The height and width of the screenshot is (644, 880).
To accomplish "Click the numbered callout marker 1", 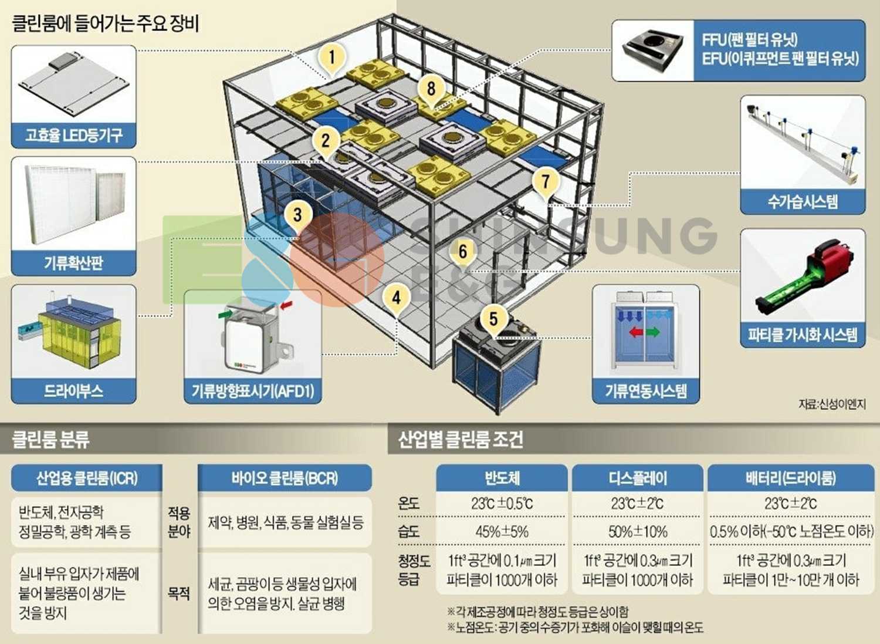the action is (x=332, y=58).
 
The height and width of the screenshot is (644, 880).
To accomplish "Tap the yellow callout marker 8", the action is (x=431, y=89).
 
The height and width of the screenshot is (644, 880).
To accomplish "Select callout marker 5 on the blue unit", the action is (x=493, y=319).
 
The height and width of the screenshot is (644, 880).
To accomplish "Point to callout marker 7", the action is (x=546, y=180).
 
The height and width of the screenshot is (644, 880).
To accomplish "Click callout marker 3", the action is (x=297, y=215).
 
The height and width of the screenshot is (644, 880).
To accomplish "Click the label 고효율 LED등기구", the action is (x=74, y=136).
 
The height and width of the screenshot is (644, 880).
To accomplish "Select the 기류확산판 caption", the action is (x=74, y=262).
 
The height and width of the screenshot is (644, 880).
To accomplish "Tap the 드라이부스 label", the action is (x=74, y=391).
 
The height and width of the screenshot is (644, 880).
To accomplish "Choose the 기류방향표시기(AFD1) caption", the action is (x=253, y=391).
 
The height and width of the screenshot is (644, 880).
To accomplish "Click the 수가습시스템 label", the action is (x=803, y=202).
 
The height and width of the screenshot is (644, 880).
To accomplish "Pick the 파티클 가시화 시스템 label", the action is (x=803, y=335).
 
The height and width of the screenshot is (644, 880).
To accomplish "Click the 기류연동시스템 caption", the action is (x=646, y=391).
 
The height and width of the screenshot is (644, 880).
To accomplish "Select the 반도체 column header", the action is (x=502, y=478).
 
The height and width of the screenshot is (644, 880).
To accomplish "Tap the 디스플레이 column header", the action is (x=638, y=478).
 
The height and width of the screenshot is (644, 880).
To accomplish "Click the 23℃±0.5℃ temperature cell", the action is (x=502, y=504).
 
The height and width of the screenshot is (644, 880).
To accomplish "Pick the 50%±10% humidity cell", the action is (x=638, y=532).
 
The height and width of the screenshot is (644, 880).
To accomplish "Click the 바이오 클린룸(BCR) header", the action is (x=285, y=478).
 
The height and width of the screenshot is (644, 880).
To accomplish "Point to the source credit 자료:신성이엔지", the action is (x=831, y=404).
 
